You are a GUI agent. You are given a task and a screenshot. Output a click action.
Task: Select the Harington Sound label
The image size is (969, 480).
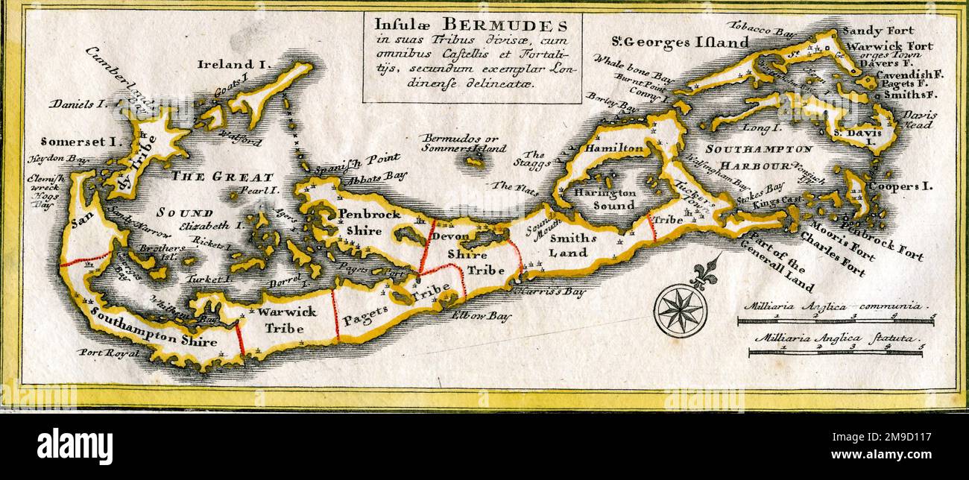click(605, 199)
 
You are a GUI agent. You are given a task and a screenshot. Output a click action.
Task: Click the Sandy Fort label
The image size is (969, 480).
click(877, 31)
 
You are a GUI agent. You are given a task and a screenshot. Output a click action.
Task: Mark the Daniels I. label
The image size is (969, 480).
click(79, 104)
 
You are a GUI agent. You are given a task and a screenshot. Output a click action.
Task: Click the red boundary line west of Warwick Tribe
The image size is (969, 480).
click(240, 338)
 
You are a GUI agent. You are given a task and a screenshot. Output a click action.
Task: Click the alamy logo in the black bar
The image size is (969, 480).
click(75, 446)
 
